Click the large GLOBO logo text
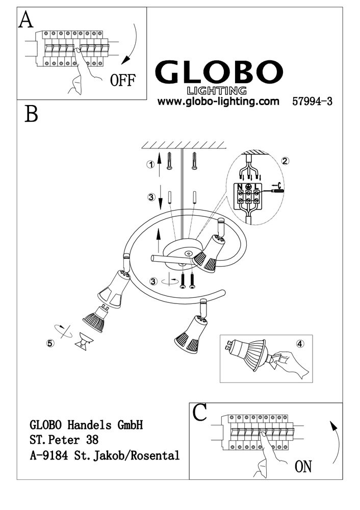click(x=219, y=72)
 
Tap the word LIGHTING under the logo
click(x=217, y=91)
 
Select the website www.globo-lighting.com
click(x=218, y=101)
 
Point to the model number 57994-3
click(x=312, y=101)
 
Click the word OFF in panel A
click(x=122, y=80)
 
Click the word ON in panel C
click(x=303, y=467)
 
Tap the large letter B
click(x=31, y=114)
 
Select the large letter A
click(x=25, y=20)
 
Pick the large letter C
click(x=199, y=413)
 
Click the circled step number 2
click(x=285, y=161)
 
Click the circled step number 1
click(x=150, y=165)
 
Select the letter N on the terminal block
click(x=240, y=187)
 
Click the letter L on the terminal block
click(x=256, y=187)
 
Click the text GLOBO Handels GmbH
click(x=86, y=425)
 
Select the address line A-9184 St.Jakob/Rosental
click(x=105, y=455)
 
